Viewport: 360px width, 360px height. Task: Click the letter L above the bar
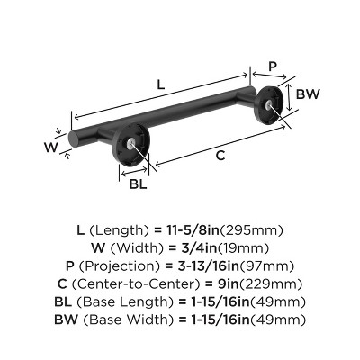point(160,85)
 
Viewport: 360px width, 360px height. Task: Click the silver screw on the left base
point(133,144)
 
